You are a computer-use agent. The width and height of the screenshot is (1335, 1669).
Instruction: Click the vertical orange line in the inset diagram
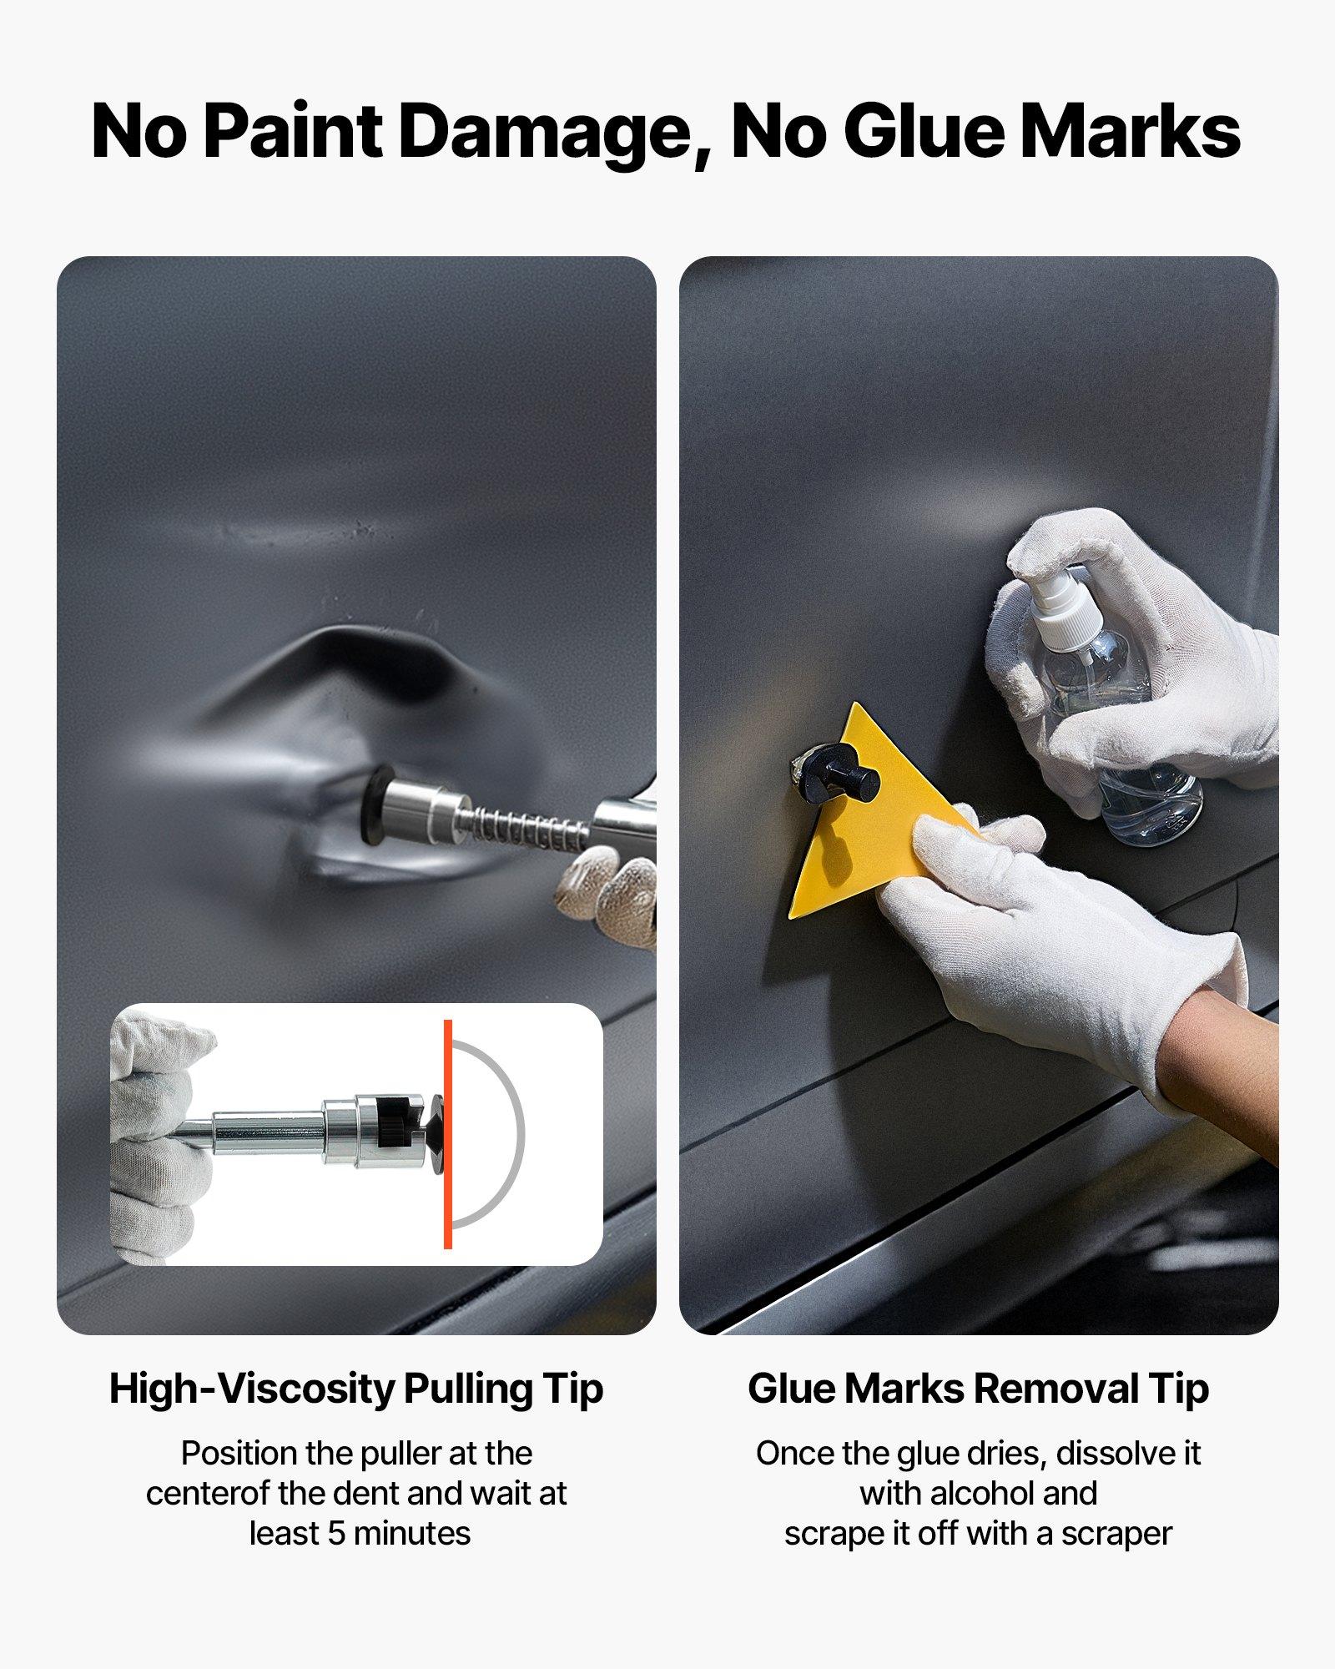[448, 1134]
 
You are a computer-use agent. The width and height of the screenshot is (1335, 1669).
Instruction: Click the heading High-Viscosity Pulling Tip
[356, 1389]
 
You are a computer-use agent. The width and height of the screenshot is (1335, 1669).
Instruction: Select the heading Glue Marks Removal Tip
[978, 1389]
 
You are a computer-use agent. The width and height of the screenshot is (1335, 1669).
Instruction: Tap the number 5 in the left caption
[335, 1533]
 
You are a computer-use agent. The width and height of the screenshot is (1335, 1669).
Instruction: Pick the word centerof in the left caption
[209, 1493]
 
